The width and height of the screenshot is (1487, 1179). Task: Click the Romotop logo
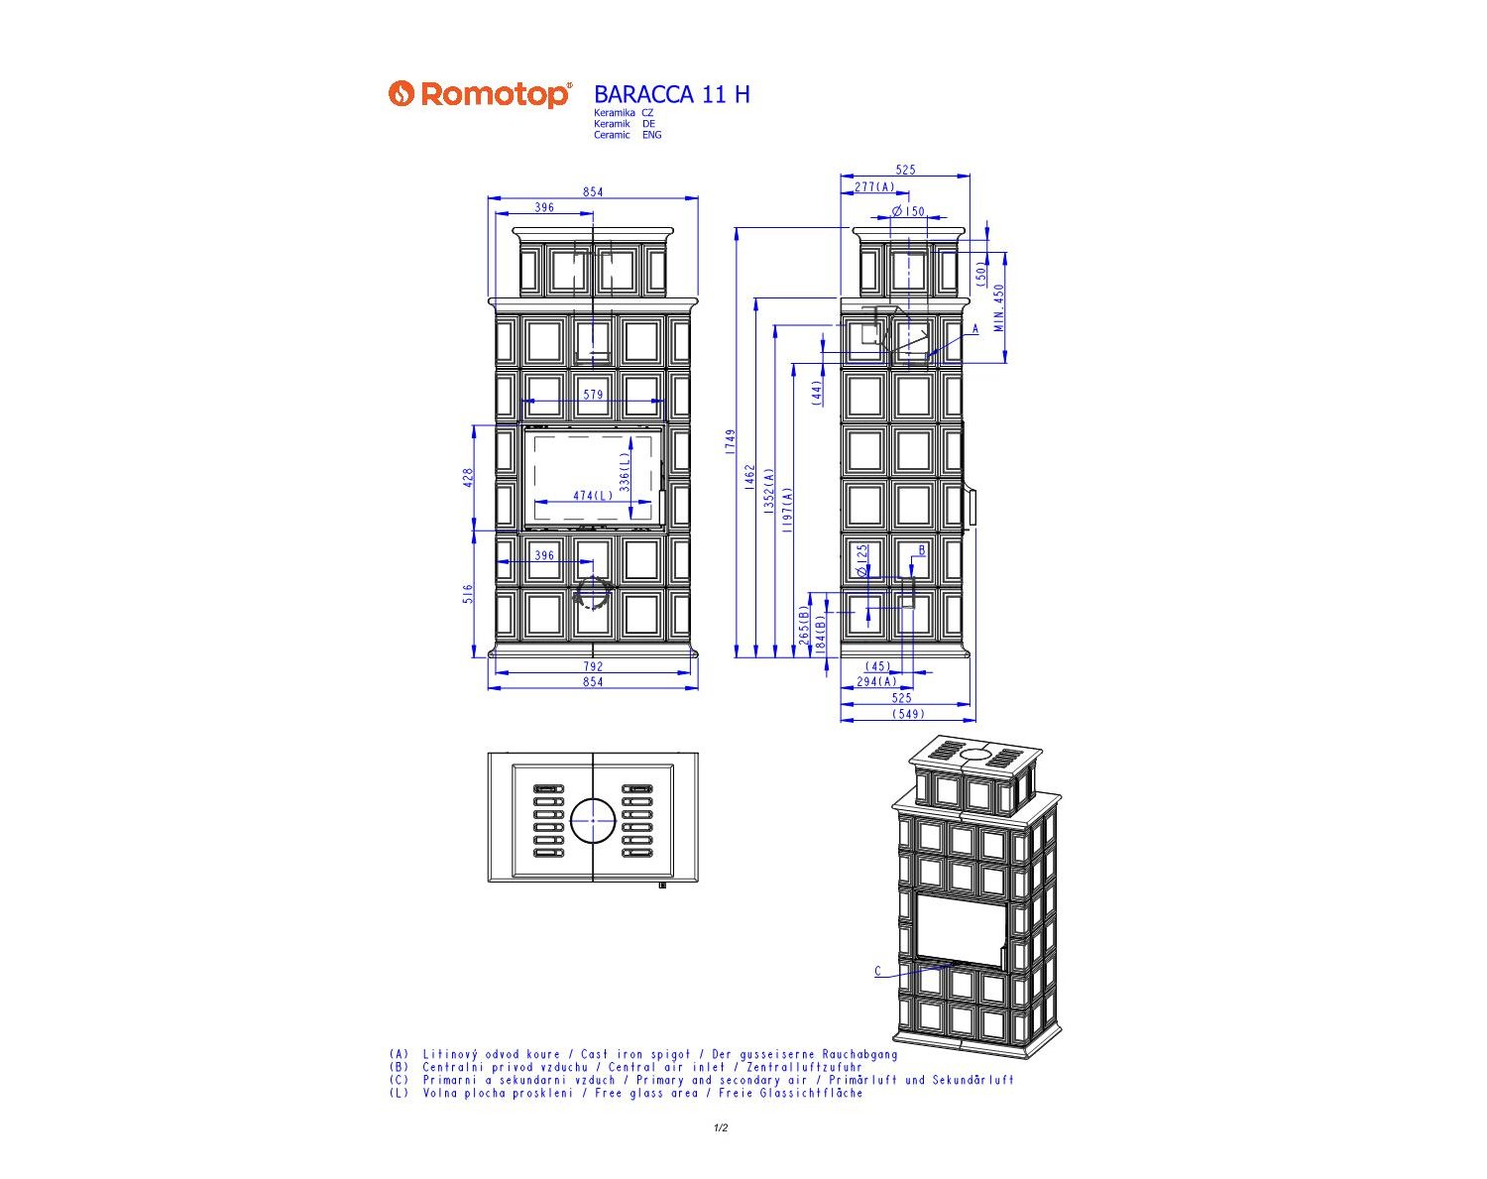coord(480,94)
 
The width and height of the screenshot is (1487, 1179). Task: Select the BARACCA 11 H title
coord(672,94)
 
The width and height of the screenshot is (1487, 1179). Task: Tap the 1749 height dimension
coord(731,441)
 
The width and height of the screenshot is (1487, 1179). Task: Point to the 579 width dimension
coord(593,395)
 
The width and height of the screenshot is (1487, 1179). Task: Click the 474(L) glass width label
coord(593,496)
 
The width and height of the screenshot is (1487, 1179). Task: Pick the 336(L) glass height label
coord(625,471)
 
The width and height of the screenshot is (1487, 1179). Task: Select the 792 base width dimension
coord(593,666)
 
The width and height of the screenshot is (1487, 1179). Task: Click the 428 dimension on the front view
coord(468,478)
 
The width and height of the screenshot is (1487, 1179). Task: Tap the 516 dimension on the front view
coord(468,594)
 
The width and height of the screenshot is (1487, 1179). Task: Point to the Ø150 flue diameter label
coord(908,211)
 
